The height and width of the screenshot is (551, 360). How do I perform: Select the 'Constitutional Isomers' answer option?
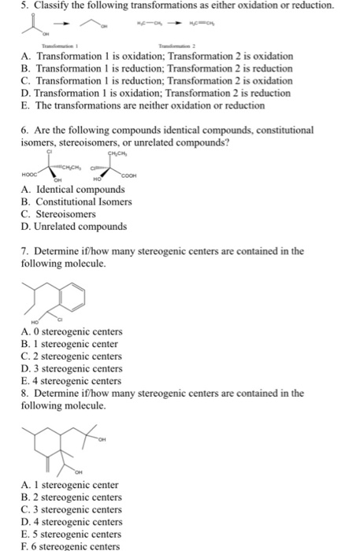pos(82,202)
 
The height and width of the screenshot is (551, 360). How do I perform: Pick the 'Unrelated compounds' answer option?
pos(80,227)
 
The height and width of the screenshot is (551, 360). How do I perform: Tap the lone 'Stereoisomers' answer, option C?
pos(65,214)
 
